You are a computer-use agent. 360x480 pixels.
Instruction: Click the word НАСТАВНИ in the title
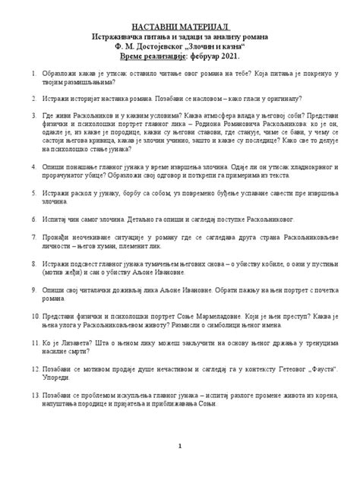[150, 27]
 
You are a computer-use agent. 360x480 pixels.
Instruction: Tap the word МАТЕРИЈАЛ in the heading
[204, 27]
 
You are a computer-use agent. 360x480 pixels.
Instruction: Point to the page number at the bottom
[179, 468]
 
